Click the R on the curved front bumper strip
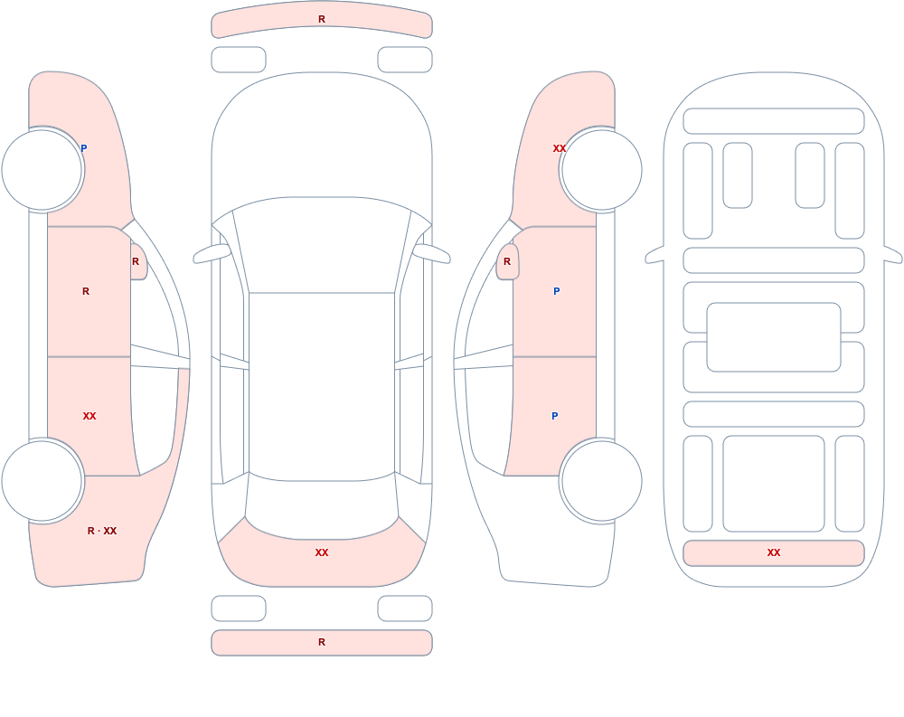coord(322,19)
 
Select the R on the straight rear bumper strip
coord(322,642)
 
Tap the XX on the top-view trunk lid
coord(322,552)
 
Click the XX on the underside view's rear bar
coord(774,552)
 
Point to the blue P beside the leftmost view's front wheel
coord(83,148)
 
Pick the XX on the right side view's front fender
coord(560,148)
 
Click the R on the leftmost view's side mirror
coord(136,261)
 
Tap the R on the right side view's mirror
coord(507,261)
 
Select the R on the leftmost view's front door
coord(85,291)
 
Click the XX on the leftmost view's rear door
coord(89,416)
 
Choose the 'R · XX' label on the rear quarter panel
coord(102,531)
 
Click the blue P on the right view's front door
coord(556,291)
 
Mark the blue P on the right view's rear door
coord(555,416)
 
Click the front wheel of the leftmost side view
coord(42,170)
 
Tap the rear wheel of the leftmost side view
coord(42,480)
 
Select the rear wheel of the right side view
coord(601,480)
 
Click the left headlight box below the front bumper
coord(239,60)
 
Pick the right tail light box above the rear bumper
coord(405,609)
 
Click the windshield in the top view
coord(322,245)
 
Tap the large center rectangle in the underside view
coord(774,337)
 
